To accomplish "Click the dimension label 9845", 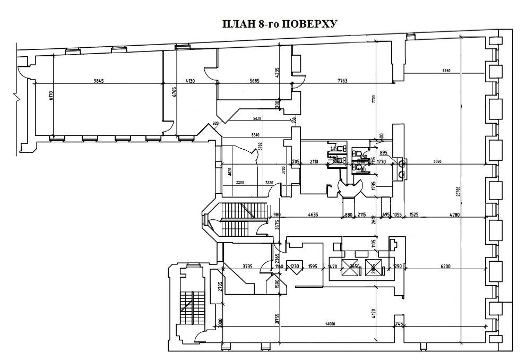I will tap(99, 81).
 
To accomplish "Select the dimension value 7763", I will tap(342, 81).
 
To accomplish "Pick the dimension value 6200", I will tap(445, 266).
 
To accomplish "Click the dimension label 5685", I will tap(257, 81).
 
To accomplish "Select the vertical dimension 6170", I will tap(51, 96).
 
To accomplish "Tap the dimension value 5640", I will tap(255, 135).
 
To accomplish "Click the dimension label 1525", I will tap(414, 215).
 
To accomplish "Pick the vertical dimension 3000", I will tap(220, 322).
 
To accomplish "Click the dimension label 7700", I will tap(374, 98).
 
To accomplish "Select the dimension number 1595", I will tap(312, 266).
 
